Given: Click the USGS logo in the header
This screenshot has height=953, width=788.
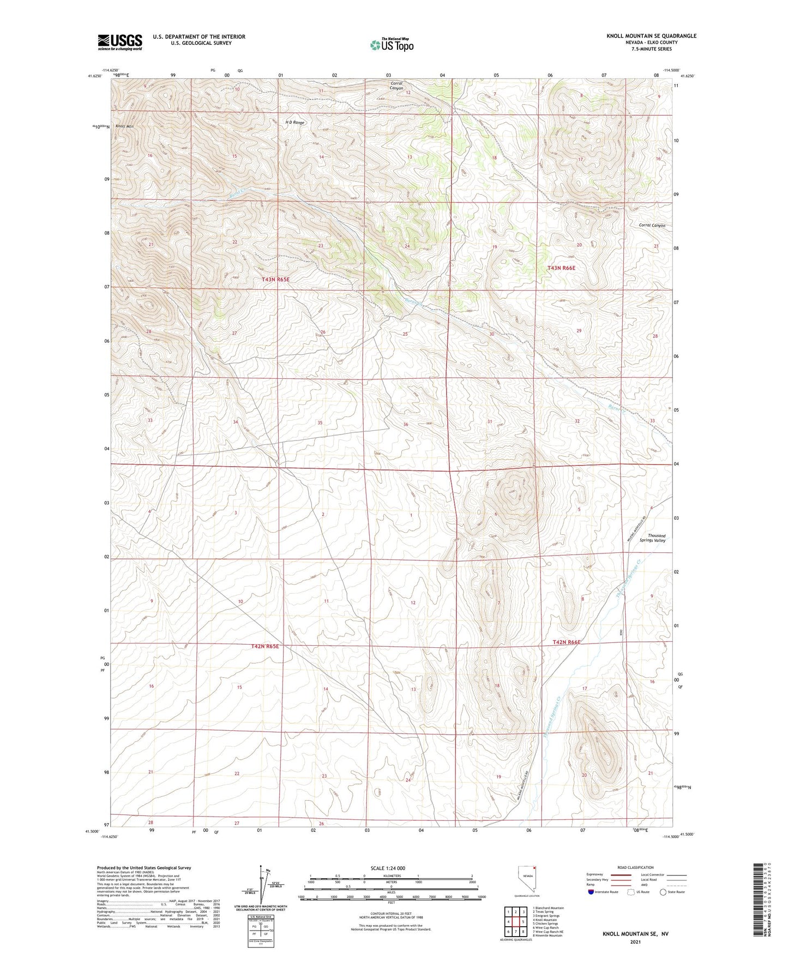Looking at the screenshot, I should click(120, 42).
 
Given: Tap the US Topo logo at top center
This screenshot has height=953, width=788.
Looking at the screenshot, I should click(392, 45).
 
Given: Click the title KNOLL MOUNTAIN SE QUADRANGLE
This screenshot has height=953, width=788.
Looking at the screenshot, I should click(651, 36).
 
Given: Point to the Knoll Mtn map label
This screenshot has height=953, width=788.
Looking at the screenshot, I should click(124, 126).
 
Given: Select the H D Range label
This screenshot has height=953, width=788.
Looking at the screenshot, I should click(295, 123).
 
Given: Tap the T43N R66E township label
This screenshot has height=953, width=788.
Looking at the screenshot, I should click(561, 268).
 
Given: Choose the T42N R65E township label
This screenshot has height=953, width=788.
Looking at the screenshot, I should click(265, 646).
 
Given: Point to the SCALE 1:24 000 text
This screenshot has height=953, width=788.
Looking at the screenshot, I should click(388, 868).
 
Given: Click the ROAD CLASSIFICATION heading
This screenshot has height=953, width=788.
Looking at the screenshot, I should click(635, 867).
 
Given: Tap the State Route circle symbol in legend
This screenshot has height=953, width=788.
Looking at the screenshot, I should click(663, 892).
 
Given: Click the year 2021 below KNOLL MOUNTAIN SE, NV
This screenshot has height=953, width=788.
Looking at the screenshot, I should click(635, 942).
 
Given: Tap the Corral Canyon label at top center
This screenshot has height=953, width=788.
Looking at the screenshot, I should click(396, 86).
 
